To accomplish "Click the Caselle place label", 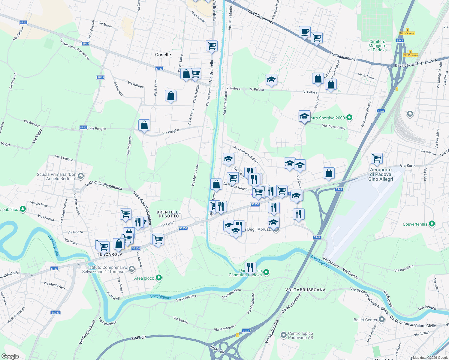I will coord(163,55).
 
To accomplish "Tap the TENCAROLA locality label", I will coord(110,254).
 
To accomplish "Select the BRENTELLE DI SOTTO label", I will coord(169,214).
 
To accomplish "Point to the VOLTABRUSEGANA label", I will coord(305,290).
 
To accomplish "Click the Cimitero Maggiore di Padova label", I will coord(378,46).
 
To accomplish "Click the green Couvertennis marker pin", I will coord(432,224).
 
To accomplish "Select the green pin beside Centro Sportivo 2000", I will coord(349,118).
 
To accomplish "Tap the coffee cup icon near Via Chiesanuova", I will coord(305,31).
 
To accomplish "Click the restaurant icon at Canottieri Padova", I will coord(250,267).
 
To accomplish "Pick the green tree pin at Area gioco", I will coord(159,278).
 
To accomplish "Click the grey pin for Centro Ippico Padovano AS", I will coord(283,335).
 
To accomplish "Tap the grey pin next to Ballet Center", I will coord(382,319).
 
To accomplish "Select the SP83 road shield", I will coord(159,69).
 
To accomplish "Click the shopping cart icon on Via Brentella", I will coord(212,46).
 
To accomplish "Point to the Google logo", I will coord(10,356).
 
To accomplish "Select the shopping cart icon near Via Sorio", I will coord(376,158).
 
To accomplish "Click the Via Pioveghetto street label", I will coord(333,127).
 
